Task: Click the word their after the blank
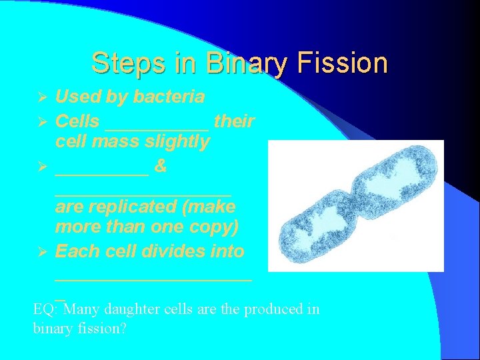(234, 121)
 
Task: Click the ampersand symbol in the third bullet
(160, 167)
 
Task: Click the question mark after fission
(123, 329)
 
